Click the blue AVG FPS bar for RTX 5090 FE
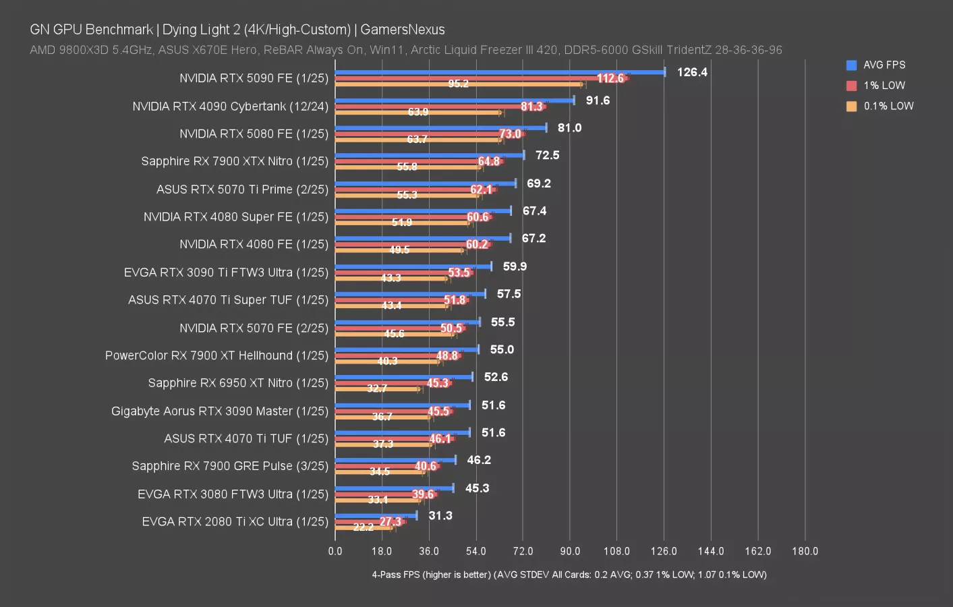(499, 72)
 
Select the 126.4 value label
(692, 72)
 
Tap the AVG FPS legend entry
(884, 65)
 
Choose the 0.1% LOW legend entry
(888, 106)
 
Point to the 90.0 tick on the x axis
(570, 551)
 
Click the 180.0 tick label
(805, 551)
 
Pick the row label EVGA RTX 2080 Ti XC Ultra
(235, 521)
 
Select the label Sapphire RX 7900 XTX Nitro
(235, 161)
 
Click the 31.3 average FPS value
(440, 515)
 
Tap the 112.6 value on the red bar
(610, 78)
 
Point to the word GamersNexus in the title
(403, 30)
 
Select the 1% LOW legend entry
(884, 86)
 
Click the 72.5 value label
(547, 155)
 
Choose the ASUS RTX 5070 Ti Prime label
(242, 190)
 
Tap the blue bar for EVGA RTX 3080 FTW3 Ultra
(394, 488)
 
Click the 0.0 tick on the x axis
(335, 551)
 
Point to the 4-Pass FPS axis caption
(569, 575)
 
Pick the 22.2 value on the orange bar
(364, 527)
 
